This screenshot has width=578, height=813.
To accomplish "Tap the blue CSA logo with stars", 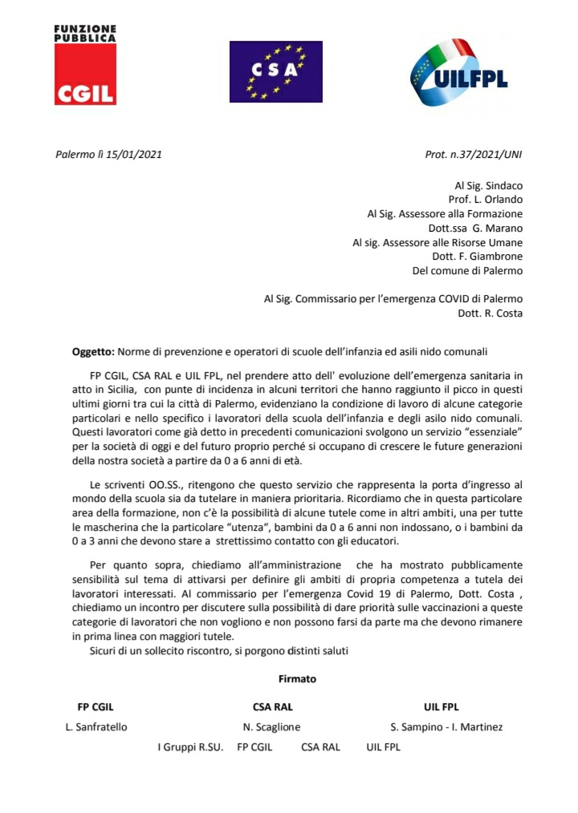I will [275, 71].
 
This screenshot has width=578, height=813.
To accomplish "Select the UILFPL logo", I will [455, 75].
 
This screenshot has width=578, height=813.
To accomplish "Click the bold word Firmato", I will [297, 678].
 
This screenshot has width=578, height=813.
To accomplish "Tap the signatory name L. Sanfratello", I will [96, 727].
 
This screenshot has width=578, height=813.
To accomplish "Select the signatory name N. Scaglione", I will [272, 727].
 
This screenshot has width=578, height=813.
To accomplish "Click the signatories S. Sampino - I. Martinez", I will [446, 727].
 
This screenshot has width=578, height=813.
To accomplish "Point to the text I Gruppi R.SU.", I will [190, 747].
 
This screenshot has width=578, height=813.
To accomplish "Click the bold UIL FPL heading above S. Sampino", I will [441, 707].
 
